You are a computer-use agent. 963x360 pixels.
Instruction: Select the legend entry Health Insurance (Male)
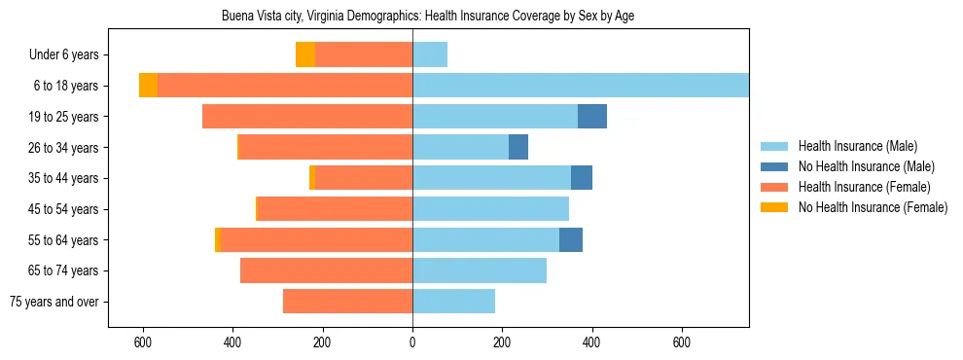[x=857, y=146]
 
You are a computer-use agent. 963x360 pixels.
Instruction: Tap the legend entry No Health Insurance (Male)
[x=865, y=166]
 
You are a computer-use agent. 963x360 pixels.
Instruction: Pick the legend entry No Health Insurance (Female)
[x=872, y=207]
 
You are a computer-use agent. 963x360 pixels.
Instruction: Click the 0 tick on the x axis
[x=412, y=342]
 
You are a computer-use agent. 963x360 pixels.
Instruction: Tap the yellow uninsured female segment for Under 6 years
[x=305, y=55]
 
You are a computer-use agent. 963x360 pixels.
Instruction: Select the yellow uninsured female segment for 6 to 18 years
[x=148, y=86]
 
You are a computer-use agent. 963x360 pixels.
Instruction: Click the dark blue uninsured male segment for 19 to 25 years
[x=592, y=117]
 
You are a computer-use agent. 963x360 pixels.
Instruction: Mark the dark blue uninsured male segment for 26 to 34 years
[x=518, y=148]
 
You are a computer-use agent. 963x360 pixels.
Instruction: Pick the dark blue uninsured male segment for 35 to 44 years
[x=582, y=178]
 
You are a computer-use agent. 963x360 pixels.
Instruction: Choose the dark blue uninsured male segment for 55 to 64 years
[x=571, y=240]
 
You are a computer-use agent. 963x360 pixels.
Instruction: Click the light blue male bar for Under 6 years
[x=430, y=55]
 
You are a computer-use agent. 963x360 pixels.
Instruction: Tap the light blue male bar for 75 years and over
[x=453, y=302]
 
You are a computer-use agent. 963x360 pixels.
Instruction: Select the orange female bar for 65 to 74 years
[x=326, y=270]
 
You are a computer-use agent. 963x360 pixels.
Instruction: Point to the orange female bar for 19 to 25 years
[x=307, y=117]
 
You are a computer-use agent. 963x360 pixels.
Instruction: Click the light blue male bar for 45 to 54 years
[x=490, y=209]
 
